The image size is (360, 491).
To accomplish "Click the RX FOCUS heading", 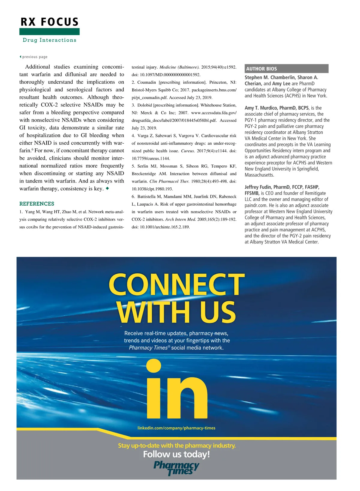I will [49, 22].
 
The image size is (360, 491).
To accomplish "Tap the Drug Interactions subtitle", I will [49, 40].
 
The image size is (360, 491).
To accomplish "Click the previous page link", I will [34, 57].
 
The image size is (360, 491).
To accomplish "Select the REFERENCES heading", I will [37, 204].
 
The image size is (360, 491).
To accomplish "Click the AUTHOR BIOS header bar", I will [286, 69].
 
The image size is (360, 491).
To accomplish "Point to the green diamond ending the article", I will [107, 189].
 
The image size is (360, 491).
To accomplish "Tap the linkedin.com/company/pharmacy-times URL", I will [176, 428].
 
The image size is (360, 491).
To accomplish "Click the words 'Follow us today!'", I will [176, 454].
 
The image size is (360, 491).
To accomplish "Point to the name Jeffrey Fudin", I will [258, 187].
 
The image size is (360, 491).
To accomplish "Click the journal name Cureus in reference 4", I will [188, 151].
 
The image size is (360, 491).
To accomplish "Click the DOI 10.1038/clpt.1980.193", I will [152, 189].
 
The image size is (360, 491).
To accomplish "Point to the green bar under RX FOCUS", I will [49, 31].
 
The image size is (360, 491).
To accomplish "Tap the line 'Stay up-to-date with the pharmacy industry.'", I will [177, 446].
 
